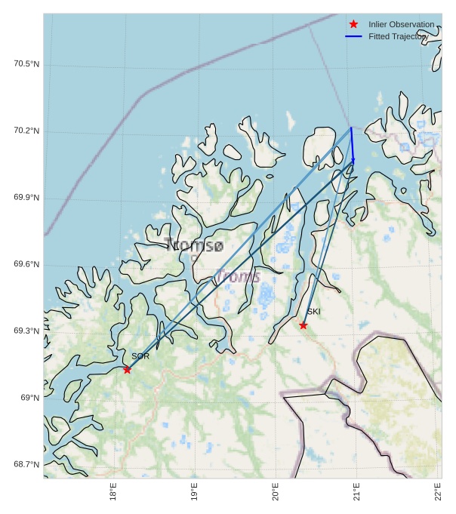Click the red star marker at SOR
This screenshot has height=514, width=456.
pyautogui.click(x=127, y=369)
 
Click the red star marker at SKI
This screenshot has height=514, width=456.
pyautogui.click(x=303, y=325)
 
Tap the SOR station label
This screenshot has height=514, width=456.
pyautogui.click(x=140, y=356)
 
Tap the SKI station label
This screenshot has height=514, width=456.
pyautogui.click(x=313, y=312)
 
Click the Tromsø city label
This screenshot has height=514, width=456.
pyautogui.click(x=194, y=245)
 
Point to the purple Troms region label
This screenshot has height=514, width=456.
pyautogui.click(x=238, y=277)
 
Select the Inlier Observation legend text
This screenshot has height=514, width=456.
pyautogui.click(x=401, y=25)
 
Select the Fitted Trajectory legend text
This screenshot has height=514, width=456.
pyautogui.click(x=398, y=36)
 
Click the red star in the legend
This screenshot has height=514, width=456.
pyautogui.click(x=353, y=25)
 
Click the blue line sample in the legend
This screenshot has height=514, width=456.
pyautogui.click(x=353, y=36)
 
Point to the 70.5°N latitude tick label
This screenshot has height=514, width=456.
pyautogui.click(x=26, y=64)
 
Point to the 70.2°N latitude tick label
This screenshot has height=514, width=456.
pyautogui.click(x=26, y=131)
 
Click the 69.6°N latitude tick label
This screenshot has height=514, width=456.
pyautogui.click(x=26, y=265)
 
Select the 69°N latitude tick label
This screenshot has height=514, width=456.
pyautogui.click(x=30, y=398)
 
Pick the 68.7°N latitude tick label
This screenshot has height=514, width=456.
pyautogui.click(x=26, y=464)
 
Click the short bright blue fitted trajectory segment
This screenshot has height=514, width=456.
pyautogui.click(x=352, y=143)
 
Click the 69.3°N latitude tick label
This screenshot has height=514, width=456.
pyautogui.click(x=26, y=331)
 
